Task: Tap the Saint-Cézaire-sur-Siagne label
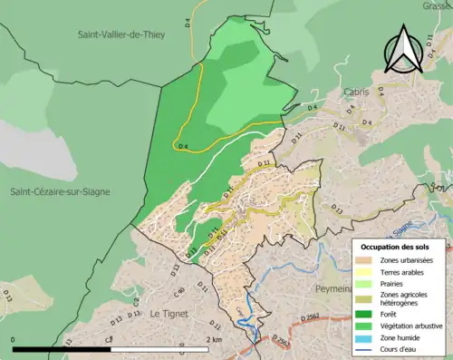coord(64,192)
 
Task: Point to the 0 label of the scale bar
coord(14,339)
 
